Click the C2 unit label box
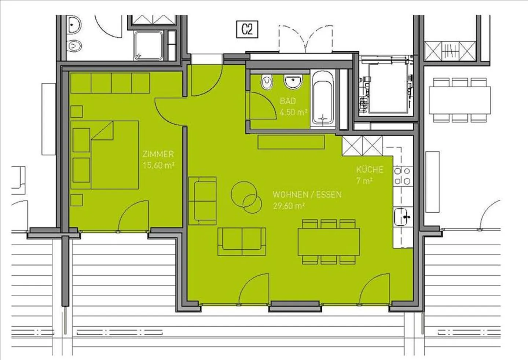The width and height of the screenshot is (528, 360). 247,29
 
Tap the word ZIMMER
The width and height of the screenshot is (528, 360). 158,154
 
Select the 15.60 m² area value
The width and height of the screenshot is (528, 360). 158,165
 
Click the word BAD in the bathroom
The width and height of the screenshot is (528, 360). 288,101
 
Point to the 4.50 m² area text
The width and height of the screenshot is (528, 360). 293,112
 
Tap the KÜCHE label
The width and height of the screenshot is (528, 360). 370,170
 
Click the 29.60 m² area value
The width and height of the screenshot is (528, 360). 289,206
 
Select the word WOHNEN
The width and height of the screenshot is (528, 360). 290,195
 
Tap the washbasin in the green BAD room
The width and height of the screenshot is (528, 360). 293,82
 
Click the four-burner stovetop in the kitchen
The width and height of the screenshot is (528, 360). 403,176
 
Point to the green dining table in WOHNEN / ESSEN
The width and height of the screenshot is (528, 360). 329,242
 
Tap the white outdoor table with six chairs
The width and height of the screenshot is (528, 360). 460,100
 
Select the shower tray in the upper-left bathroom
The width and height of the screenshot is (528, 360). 148,45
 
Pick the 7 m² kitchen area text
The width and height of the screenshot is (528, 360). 364,181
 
